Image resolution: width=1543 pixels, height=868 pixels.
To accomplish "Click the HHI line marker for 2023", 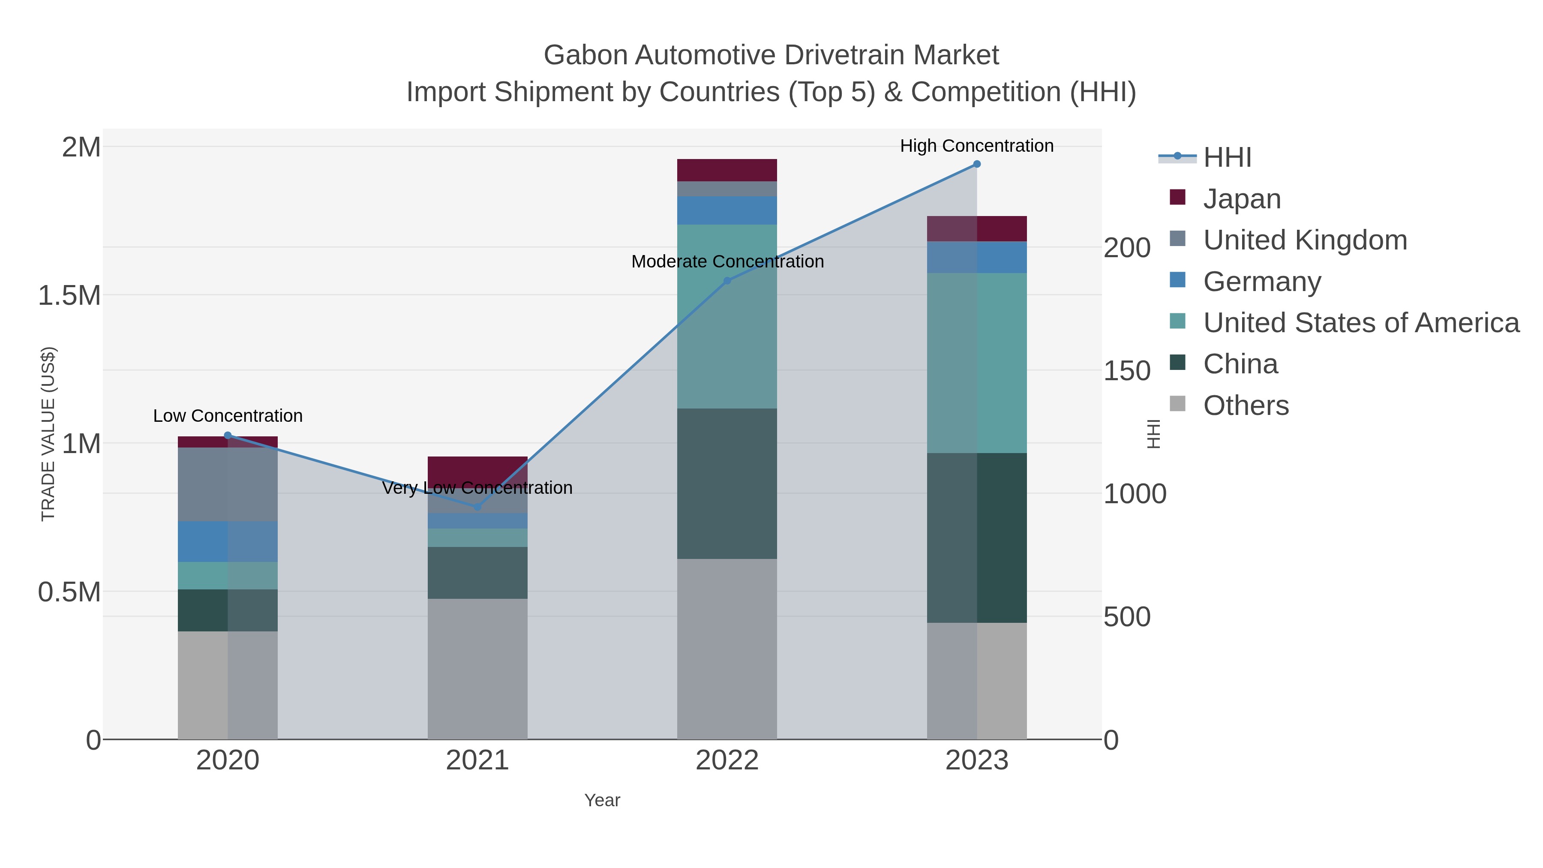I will (976, 164).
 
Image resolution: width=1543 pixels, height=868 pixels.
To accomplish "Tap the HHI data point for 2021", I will (477, 507).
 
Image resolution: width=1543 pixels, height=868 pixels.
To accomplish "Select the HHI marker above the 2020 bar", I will (228, 436).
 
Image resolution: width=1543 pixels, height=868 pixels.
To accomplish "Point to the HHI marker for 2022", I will (727, 280).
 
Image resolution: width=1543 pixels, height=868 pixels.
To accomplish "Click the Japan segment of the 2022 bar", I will (727, 170).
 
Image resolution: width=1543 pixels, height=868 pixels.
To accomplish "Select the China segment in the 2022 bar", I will (727, 484).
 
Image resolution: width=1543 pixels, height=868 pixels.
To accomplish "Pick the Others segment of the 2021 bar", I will (477, 669).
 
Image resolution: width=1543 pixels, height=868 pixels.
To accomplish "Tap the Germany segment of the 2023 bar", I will (976, 257).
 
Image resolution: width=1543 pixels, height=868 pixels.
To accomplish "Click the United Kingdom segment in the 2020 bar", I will (228, 484).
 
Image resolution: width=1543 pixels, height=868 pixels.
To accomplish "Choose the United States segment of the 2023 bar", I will (976, 363).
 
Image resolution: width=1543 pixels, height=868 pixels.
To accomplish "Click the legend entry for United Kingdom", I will (1305, 240).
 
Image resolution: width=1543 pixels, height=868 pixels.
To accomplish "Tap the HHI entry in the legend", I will (1227, 158).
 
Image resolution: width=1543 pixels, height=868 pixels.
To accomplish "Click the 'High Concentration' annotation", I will (976, 146).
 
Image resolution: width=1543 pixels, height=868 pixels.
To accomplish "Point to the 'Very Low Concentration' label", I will (477, 488).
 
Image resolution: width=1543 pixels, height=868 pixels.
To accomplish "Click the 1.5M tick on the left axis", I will (69, 295).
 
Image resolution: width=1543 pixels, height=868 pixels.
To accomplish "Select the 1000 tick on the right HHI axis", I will (1135, 494).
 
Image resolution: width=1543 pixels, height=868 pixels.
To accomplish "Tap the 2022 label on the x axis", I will (727, 761).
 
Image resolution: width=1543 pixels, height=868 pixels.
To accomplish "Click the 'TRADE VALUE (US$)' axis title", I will (48, 434).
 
